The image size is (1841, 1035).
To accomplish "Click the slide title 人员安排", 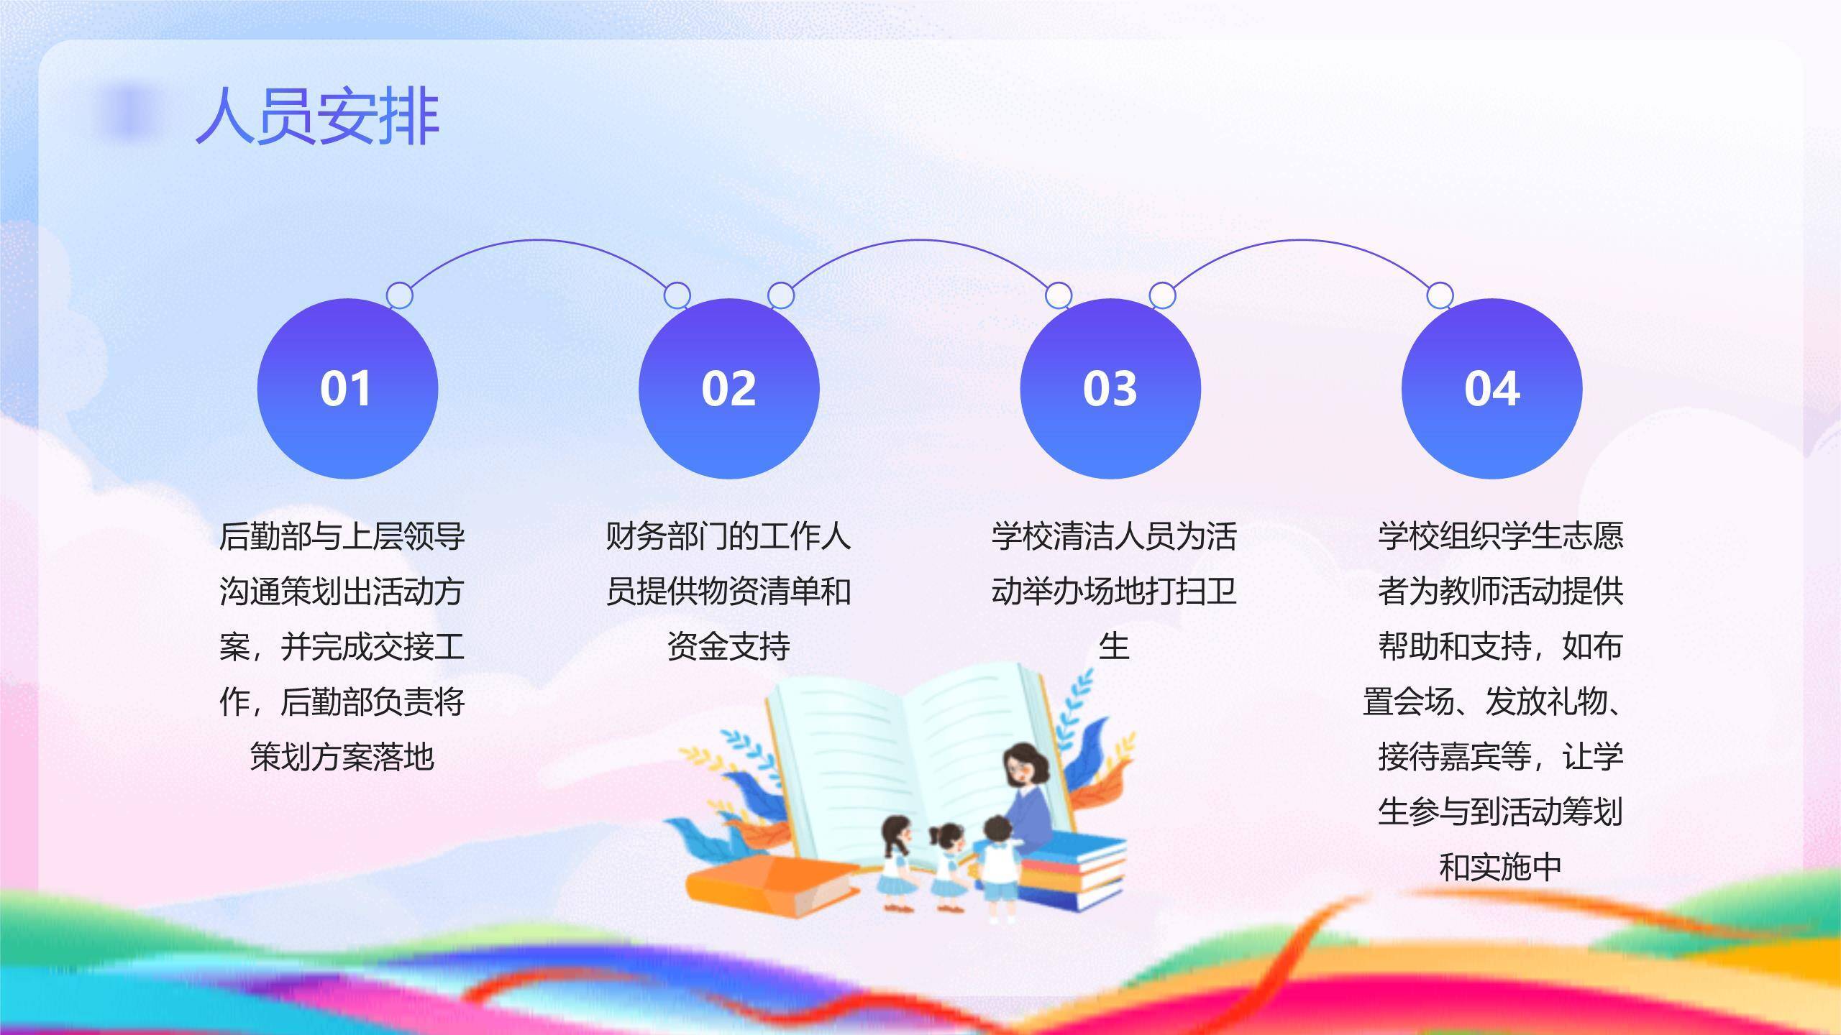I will tap(317, 117).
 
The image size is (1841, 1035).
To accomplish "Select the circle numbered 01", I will tap(347, 389).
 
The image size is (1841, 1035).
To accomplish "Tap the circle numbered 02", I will tap(728, 389).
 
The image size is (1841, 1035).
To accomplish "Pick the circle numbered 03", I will tap(1110, 389).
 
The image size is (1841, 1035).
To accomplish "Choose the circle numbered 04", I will tap(1491, 389).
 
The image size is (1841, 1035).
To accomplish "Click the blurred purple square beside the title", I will tap(129, 110).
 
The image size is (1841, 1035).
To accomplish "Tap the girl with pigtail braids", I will tap(895, 859).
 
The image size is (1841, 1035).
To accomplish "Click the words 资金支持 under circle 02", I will tap(728, 646).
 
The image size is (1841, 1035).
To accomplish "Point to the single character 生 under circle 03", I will tap(1113, 646).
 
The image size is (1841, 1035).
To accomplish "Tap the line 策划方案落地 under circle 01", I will tap(342, 757).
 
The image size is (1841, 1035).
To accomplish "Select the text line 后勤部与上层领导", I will tap(342, 536).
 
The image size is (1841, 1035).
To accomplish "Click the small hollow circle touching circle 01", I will tap(400, 295).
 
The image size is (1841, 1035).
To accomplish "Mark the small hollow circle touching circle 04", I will tap(1439, 295).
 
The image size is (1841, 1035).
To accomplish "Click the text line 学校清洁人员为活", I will tap(1113, 536).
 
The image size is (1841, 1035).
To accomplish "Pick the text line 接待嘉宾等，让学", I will tap(1500, 757).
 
